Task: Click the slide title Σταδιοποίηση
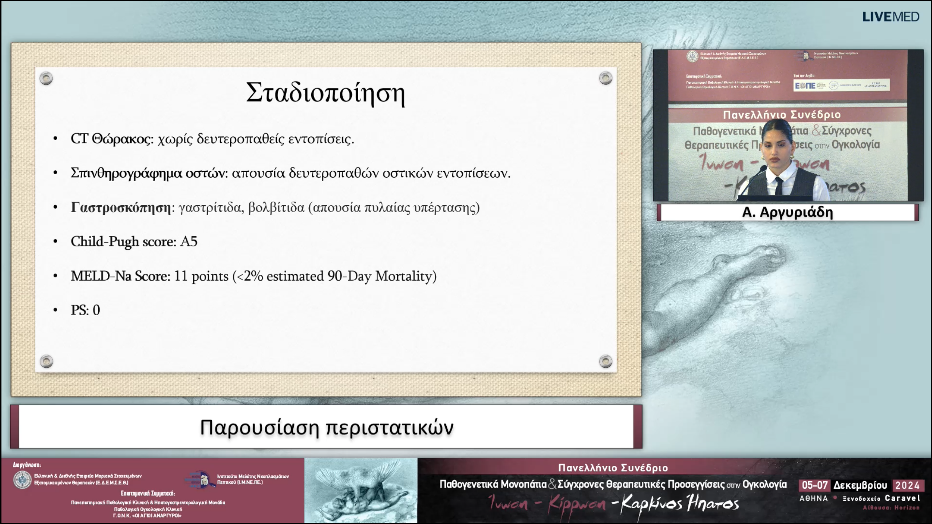click(x=325, y=93)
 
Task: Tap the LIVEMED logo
click(x=890, y=17)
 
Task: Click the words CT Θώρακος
click(x=111, y=139)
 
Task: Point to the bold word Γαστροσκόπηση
click(x=121, y=207)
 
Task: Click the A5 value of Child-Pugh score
click(x=189, y=242)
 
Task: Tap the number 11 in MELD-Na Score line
click(x=181, y=276)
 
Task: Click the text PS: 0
click(x=85, y=310)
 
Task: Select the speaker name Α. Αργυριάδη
click(x=787, y=212)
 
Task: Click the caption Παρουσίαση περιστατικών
click(x=327, y=427)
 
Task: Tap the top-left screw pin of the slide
click(x=46, y=78)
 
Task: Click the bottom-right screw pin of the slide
click(x=605, y=361)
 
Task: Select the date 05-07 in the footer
click(x=815, y=485)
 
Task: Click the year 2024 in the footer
click(x=907, y=485)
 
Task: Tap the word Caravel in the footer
click(x=903, y=498)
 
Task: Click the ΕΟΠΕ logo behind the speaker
click(x=805, y=86)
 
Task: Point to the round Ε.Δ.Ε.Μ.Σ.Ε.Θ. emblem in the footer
click(x=22, y=479)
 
